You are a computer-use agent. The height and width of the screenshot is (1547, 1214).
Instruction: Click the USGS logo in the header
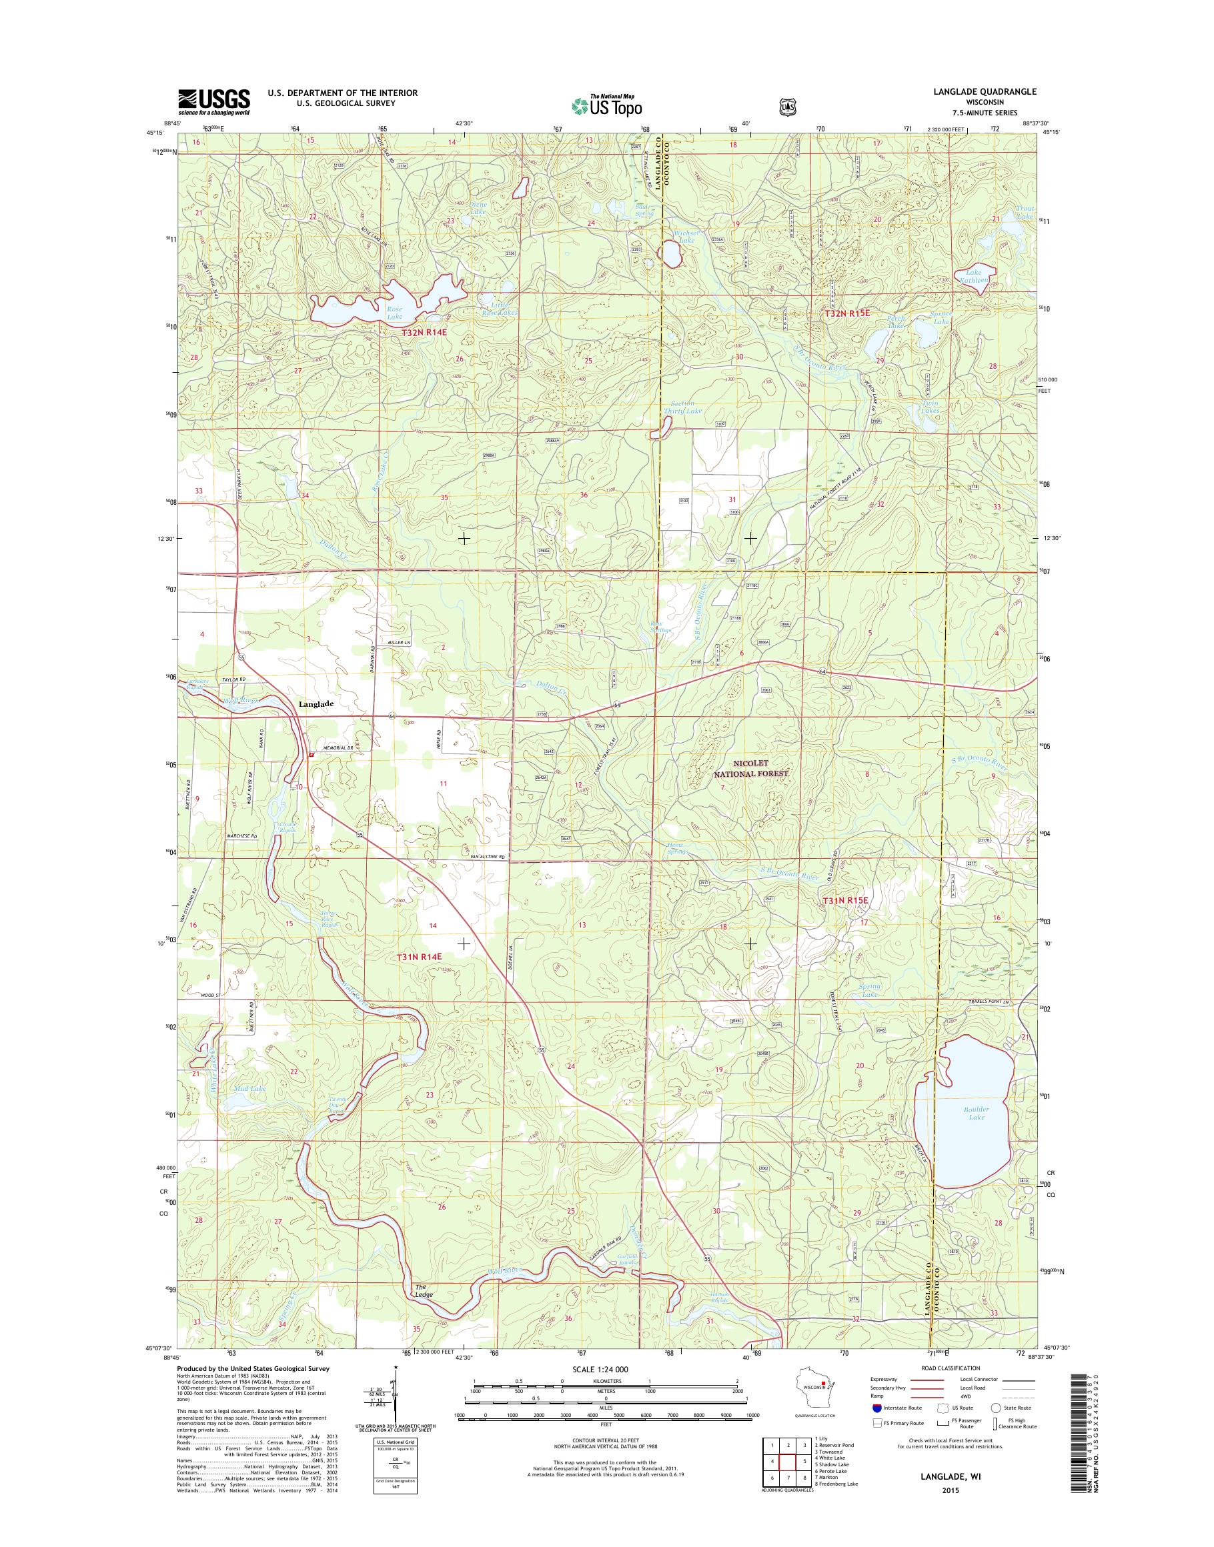(214, 101)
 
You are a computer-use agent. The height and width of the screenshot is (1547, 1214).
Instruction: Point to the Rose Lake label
(394, 313)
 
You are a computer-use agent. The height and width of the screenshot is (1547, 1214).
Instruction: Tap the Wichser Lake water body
(670, 253)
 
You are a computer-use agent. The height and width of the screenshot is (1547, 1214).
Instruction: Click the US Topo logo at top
(606, 105)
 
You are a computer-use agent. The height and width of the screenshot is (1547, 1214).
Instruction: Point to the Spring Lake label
(869, 990)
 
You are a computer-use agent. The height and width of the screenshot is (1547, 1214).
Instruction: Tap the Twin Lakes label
(930, 407)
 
